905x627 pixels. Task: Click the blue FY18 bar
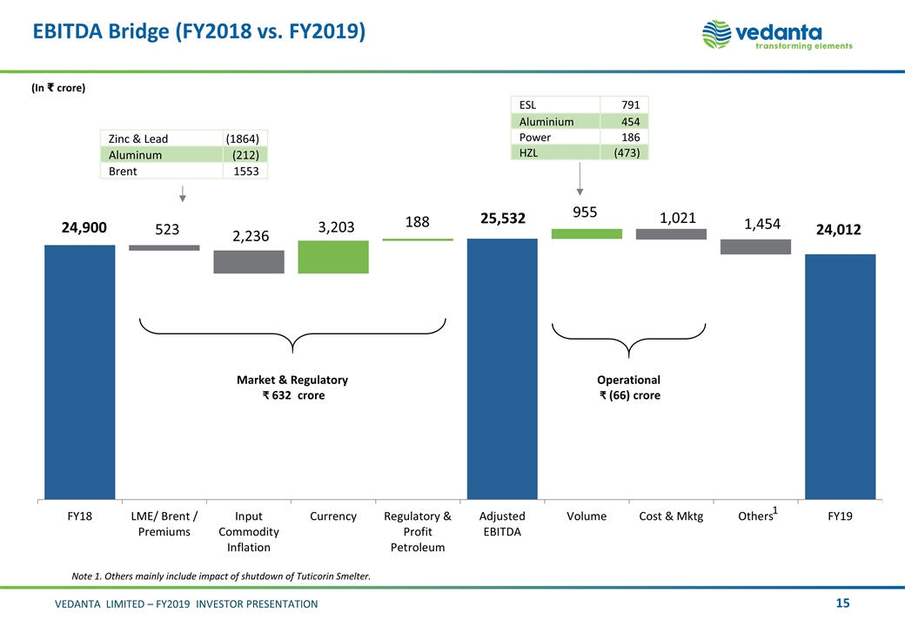[x=79, y=372]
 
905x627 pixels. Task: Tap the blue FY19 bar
[x=840, y=376]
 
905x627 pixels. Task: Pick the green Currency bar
[x=333, y=257]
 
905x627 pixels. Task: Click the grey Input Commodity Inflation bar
[x=249, y=262]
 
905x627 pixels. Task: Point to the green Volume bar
[x=587, y=233]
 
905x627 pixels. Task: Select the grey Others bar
[x=755, y=246]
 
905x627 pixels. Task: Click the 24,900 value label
[x=84, y=228]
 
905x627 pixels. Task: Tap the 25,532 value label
[x=502, y=219]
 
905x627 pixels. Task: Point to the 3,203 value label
[x=334, y=227]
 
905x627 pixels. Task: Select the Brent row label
[x=123, y=172]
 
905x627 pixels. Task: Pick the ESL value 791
[x=630, y=105]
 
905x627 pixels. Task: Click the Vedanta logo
[x=777, y=36]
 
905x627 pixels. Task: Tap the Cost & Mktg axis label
[x=671, y=516]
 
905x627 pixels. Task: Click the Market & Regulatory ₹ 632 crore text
[x=292, y=388]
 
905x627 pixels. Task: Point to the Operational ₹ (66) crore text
[x=628, y=388]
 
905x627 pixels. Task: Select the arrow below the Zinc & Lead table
[x=182, y=192]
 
